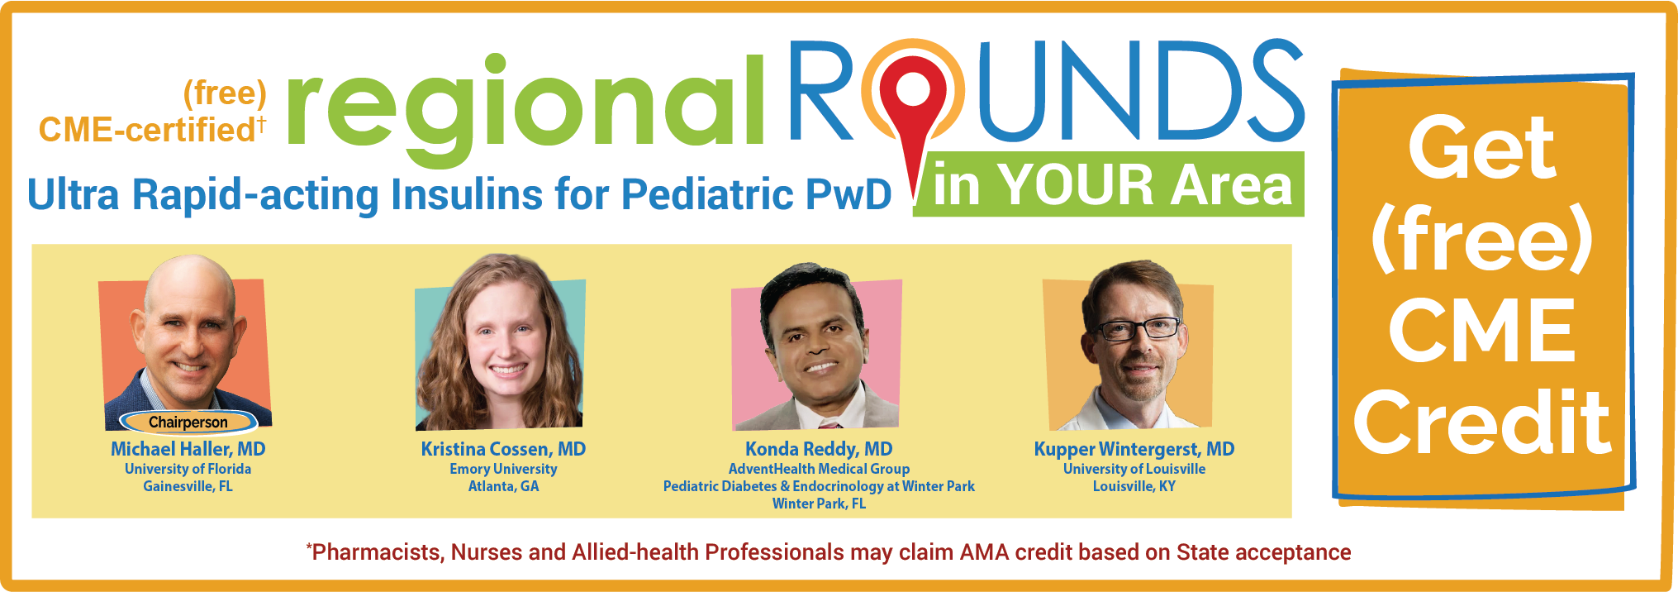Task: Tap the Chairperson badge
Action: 188,422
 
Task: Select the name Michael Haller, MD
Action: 188,449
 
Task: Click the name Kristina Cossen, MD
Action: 503,449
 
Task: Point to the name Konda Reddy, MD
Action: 819,449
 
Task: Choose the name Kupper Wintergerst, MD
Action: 1134,449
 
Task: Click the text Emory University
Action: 503,469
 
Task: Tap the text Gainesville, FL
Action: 188,486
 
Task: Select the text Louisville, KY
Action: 1134,486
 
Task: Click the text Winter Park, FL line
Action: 819,504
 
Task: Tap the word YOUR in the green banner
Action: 1077,184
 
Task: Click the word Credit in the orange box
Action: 1482,422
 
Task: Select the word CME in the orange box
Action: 1482,331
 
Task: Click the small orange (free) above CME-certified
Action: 225,93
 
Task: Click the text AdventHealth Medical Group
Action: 819,469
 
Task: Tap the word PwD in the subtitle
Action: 849,194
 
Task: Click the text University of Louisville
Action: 1134,469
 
